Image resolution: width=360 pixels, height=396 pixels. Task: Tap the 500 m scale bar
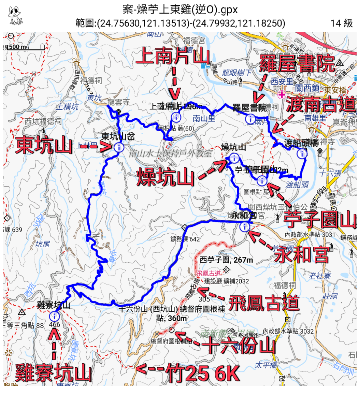point(17,47)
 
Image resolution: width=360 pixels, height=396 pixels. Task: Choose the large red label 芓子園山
point(320,219)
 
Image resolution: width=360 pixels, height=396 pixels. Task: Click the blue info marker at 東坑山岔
point(118,148)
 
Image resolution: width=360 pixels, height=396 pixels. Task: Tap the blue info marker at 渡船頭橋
point(301,153)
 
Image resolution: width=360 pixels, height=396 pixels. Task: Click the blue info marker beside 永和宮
point(244,227)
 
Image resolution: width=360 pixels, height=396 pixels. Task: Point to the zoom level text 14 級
point(342,23)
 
